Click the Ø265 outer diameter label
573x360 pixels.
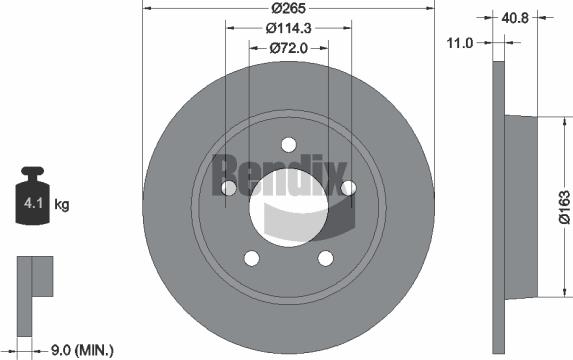click(288, 8)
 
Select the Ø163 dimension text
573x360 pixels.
click(563, 205)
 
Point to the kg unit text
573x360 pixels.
click(62, 206)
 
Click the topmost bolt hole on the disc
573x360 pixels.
click(288, 144)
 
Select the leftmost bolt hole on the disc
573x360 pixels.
click(228, 188)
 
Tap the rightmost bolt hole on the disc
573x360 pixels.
click(348, 188)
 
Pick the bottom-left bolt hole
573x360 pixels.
click(251, 258)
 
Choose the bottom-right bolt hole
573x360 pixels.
click(325, 258)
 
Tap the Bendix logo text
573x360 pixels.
click(280, 172)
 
